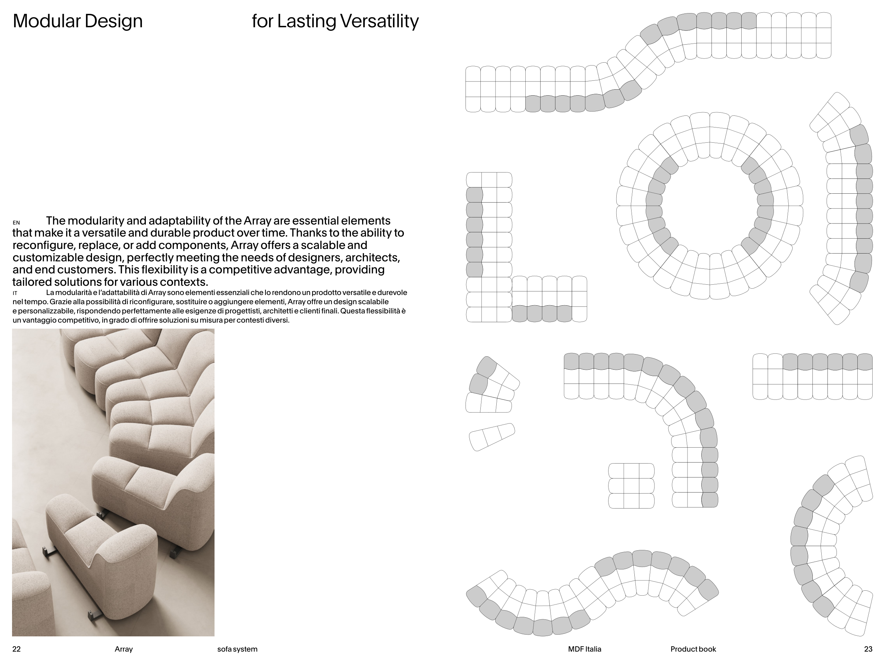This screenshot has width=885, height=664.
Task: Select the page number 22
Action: tap(16, 649)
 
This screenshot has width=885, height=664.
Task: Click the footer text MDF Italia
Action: tap(584, 649)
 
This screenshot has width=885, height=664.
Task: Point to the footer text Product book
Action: tap(693, 649)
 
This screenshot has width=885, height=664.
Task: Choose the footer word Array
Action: tap(124, 649)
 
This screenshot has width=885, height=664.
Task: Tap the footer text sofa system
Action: tap(237, 649)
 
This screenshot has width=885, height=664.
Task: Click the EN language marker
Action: tap(16, 222)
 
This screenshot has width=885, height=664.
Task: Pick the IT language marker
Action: tap(15, 293)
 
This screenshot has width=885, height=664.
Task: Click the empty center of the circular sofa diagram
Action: tap(710, 206)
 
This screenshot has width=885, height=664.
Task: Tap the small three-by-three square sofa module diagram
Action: tap(631, 486)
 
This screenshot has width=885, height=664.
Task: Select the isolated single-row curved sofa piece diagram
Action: tap(492, 437)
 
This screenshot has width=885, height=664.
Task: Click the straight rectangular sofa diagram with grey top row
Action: tap(812, 376)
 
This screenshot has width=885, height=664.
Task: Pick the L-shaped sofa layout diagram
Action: tap(526, 247)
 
